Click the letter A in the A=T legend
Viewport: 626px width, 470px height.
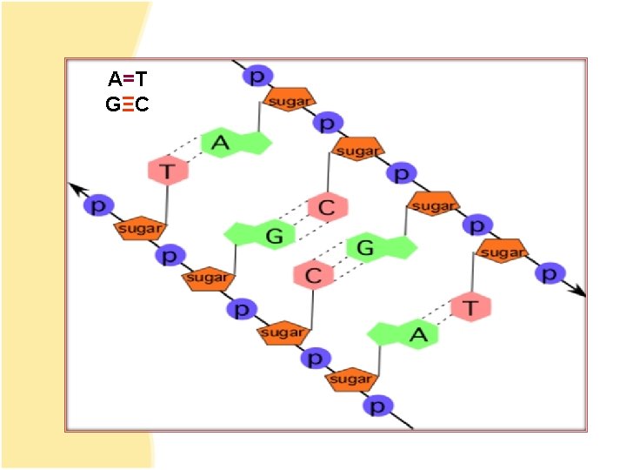point(115,80)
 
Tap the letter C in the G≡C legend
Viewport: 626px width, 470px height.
point(143,105)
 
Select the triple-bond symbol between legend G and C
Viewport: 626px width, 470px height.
point(128,105)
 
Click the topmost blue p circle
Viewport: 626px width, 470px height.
point(257,77)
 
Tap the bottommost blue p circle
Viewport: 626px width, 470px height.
point(378,406)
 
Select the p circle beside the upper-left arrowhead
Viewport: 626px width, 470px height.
point(99,206)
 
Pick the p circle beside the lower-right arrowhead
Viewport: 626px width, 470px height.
point(549,273)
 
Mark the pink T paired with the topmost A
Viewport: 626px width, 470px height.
point(168,170)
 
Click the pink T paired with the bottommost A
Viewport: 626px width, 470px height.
point(470,307)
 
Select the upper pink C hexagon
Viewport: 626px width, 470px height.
point(327,207)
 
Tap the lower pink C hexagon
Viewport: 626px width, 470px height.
point(314,276)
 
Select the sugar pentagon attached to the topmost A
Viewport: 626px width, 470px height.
point(288,101)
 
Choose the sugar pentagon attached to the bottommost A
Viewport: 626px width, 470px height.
point(351,379)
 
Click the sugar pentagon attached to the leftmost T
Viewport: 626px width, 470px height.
point(139,229)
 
